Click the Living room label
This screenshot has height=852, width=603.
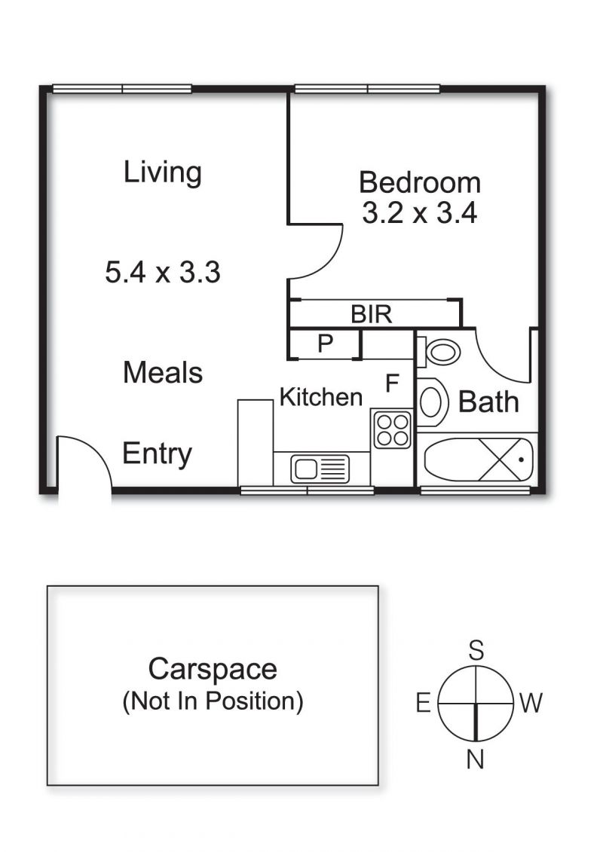tap(163, 173)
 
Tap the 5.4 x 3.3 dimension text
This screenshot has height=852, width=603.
tap(163, 272)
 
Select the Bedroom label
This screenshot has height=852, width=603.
tap(420, 182)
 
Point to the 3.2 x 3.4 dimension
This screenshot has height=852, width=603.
tap(420, 212)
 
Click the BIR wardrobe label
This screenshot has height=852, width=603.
tap(372, 314)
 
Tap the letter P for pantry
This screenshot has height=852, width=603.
tap(325, 344)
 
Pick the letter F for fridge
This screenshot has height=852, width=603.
tap(392, 383)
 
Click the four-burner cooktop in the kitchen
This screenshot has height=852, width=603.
tap(392, 429)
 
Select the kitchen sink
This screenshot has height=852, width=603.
tap(320, 469)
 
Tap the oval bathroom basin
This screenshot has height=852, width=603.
tap(432, 402)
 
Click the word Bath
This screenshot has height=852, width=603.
tap(488, 402)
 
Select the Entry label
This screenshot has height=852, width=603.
tap(157, 454)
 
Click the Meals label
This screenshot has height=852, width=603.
tap(163, 373)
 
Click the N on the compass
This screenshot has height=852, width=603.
tap(475, 759)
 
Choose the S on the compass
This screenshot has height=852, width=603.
tap(476, 650)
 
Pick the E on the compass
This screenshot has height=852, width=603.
tap(423, 703)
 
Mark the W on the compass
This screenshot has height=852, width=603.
tap(531, 703)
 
